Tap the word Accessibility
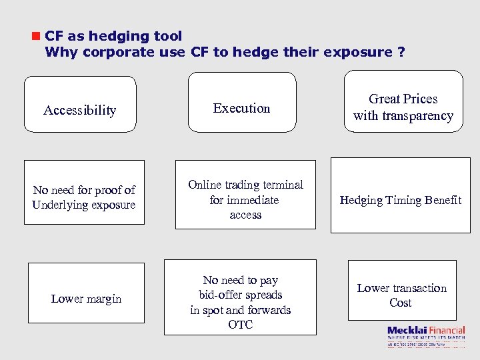click(x=79, y=111)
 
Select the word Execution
click(x=241, y=108)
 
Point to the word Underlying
click(x=62, y=205)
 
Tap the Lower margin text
click(x=86, y=299)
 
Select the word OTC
click(x=240, y=325)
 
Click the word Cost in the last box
click(x=401, y=303)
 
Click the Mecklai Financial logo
click(x=426, y=334)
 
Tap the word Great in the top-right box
click(x=384, y=99)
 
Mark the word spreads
click(x=263, y=295)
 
